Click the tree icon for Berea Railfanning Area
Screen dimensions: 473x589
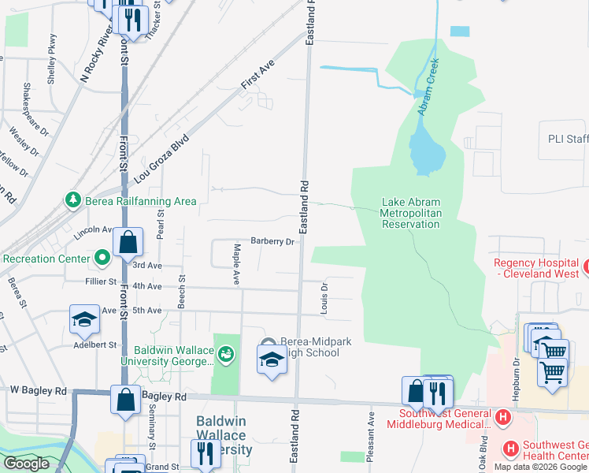point(73,201)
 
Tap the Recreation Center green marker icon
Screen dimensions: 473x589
point(102,258)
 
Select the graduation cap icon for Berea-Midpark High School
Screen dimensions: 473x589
point(272,359)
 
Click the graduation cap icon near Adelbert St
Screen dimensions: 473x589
point(84,319)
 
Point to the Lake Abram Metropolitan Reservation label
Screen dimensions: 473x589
point(409,213)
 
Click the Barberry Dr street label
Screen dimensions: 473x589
point(272,242)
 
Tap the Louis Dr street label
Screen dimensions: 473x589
point(324,299)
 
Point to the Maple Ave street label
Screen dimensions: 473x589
point(235,263)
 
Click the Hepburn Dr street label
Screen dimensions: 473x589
point(517,372)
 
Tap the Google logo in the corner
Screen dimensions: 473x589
point(26,464)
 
